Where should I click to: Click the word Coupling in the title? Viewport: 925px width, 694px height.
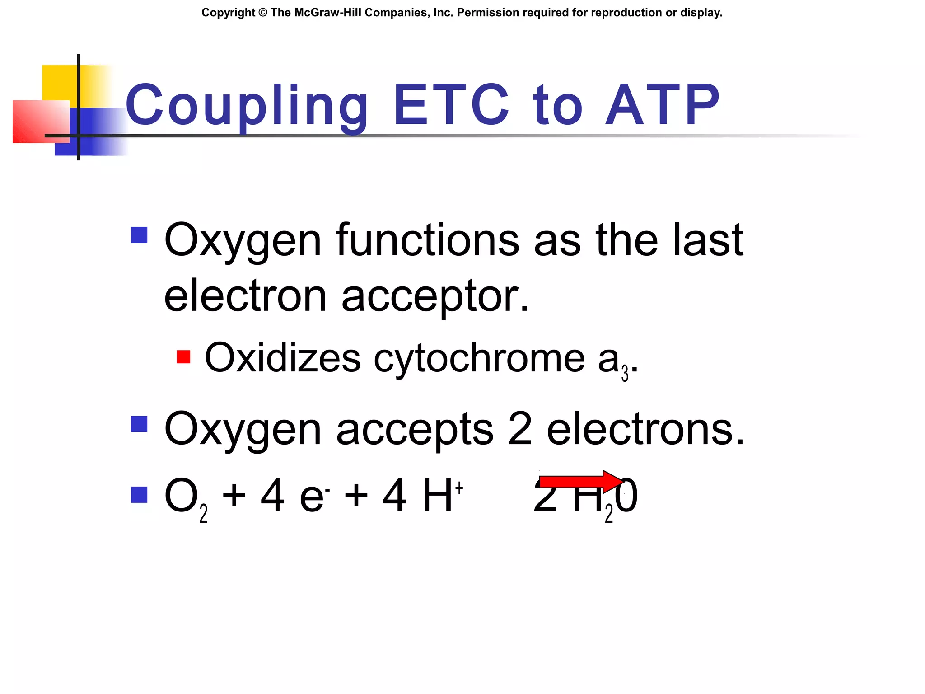[247, 106]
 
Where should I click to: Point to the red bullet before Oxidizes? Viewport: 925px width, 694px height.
[183, 357]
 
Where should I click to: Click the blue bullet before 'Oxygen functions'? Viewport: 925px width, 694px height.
[139, 235]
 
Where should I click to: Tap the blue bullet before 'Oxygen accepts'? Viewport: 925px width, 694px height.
[139, 424]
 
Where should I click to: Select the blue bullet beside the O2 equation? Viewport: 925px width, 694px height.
[139, 495]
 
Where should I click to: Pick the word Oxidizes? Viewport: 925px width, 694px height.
[283, 358]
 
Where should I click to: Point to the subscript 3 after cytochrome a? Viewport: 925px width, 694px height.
[625, 374]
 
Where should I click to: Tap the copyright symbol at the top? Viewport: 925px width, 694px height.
[263, 13]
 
